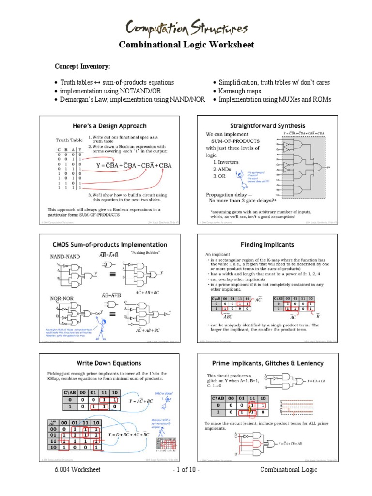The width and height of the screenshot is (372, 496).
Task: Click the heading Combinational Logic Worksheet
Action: tap(186, 45)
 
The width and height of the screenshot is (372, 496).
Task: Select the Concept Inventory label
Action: tap(82, 66)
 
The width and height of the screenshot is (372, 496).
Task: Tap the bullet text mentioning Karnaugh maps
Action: tap(240, 91)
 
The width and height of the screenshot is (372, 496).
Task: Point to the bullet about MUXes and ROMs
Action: tap(275, 99)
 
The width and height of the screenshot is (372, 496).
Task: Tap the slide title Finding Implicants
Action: tap(267, 245)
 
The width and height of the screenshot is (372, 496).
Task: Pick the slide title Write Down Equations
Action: tap(109, 363)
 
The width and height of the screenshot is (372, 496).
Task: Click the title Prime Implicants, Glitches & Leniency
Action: tap(267, 363)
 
